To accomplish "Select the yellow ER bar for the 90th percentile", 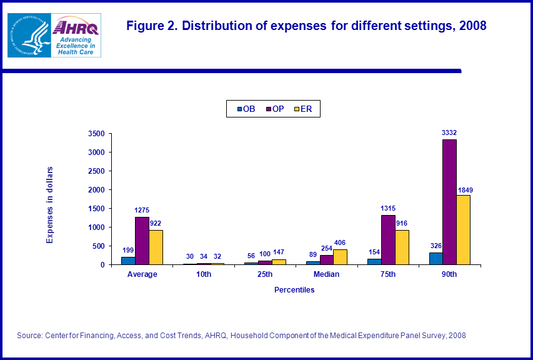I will point(463,229).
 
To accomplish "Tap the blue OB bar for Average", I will point(128,261).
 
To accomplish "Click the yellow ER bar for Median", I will point(340,257).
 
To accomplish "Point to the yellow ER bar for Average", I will point(156,247).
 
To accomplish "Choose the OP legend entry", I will point(274,109).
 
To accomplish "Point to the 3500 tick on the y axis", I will point(97,133).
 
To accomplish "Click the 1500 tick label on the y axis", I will point(97,208).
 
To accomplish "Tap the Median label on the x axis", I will point(326,274).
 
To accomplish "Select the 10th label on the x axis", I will point(203,274).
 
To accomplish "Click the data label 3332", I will point(449,132).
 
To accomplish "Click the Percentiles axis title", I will point(294,290).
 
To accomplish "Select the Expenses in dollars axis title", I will point(51,204).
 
